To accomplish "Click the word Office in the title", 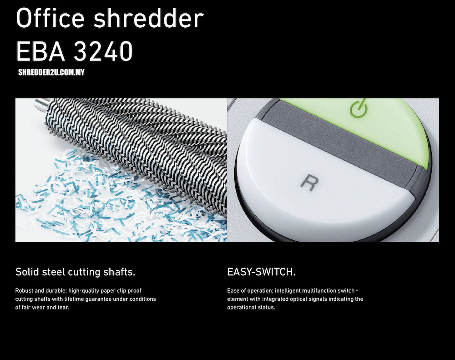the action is [x=50, y=18].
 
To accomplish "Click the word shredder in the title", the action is [x=149, y=18].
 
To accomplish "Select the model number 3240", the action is [x=103, y=51].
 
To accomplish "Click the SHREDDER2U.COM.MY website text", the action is [x=51, y=72].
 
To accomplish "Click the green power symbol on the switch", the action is [x=359, y=108].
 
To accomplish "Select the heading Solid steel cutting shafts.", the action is [x=75, y=272].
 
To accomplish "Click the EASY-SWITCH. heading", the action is [x=261, y=272].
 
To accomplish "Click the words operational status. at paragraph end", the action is [x=251, y=308].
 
